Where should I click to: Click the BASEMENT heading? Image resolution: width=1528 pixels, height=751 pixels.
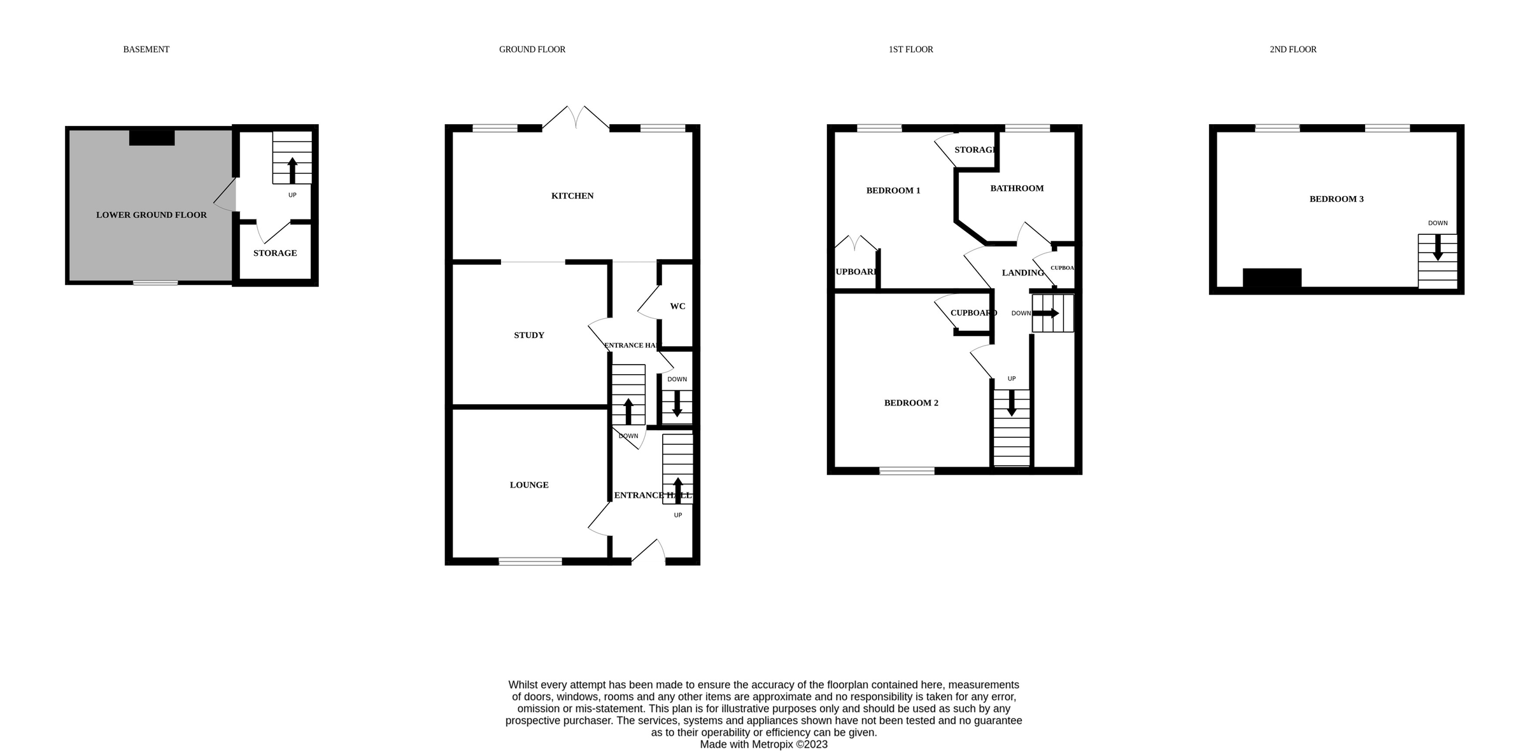point(146,50)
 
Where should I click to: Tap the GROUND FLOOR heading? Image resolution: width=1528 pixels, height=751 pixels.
point(532,50)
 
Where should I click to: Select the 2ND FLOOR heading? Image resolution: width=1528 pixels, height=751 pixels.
point(1292,50)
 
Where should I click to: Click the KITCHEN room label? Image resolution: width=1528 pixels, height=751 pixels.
point(572,196)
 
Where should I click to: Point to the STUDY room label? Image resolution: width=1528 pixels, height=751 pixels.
point(528,335)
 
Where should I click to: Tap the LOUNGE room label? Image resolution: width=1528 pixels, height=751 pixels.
point(528,485)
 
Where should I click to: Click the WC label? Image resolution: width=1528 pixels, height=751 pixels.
point(677,307)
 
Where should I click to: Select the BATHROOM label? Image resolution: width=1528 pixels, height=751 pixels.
point(1016,188)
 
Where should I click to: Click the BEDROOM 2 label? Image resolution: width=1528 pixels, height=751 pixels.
point(910,403)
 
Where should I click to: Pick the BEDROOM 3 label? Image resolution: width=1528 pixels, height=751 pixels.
point(1336,199)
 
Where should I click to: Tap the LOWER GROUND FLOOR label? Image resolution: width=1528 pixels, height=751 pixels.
point(151,215)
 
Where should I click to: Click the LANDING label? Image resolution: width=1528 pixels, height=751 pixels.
point(1022,273)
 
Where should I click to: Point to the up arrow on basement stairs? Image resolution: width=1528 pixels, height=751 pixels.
point(292,171)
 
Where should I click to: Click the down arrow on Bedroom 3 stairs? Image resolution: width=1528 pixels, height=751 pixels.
point(1437,248)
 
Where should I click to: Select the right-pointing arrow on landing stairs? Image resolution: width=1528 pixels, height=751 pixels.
point(1045,313)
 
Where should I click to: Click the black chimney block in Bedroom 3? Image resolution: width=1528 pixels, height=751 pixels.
point(1271,278)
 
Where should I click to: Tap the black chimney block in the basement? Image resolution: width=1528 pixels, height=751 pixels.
point(152,137)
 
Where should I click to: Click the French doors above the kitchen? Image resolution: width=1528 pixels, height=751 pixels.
point(576,118)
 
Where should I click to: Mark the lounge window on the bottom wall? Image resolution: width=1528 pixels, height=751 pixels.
point(530,561)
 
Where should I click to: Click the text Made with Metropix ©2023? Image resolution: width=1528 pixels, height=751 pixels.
point(763,744)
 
